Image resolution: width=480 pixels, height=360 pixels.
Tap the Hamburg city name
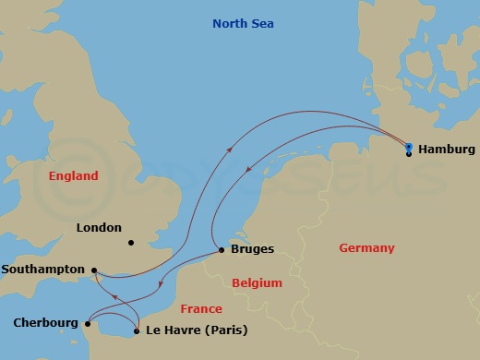point(446,149)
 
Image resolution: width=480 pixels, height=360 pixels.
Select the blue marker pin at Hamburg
point(408,146)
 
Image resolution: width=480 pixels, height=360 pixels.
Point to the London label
point(101,226)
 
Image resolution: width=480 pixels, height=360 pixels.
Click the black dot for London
point(131,244)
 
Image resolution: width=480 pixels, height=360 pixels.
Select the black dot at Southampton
point(94,270)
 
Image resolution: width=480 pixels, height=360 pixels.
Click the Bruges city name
point(252,249)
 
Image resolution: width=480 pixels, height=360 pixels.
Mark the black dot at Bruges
point(221,250)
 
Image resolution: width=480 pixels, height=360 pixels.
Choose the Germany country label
point(366,247)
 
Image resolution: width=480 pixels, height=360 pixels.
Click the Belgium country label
point(257,282)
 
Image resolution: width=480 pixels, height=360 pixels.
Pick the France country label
point(200,309)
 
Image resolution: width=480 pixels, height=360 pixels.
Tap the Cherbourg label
point(45,323)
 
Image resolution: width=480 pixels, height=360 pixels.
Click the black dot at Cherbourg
point(87,324)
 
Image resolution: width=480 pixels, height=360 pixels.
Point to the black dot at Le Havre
point(137,330)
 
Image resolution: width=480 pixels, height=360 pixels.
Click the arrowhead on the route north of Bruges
point(231,149)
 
